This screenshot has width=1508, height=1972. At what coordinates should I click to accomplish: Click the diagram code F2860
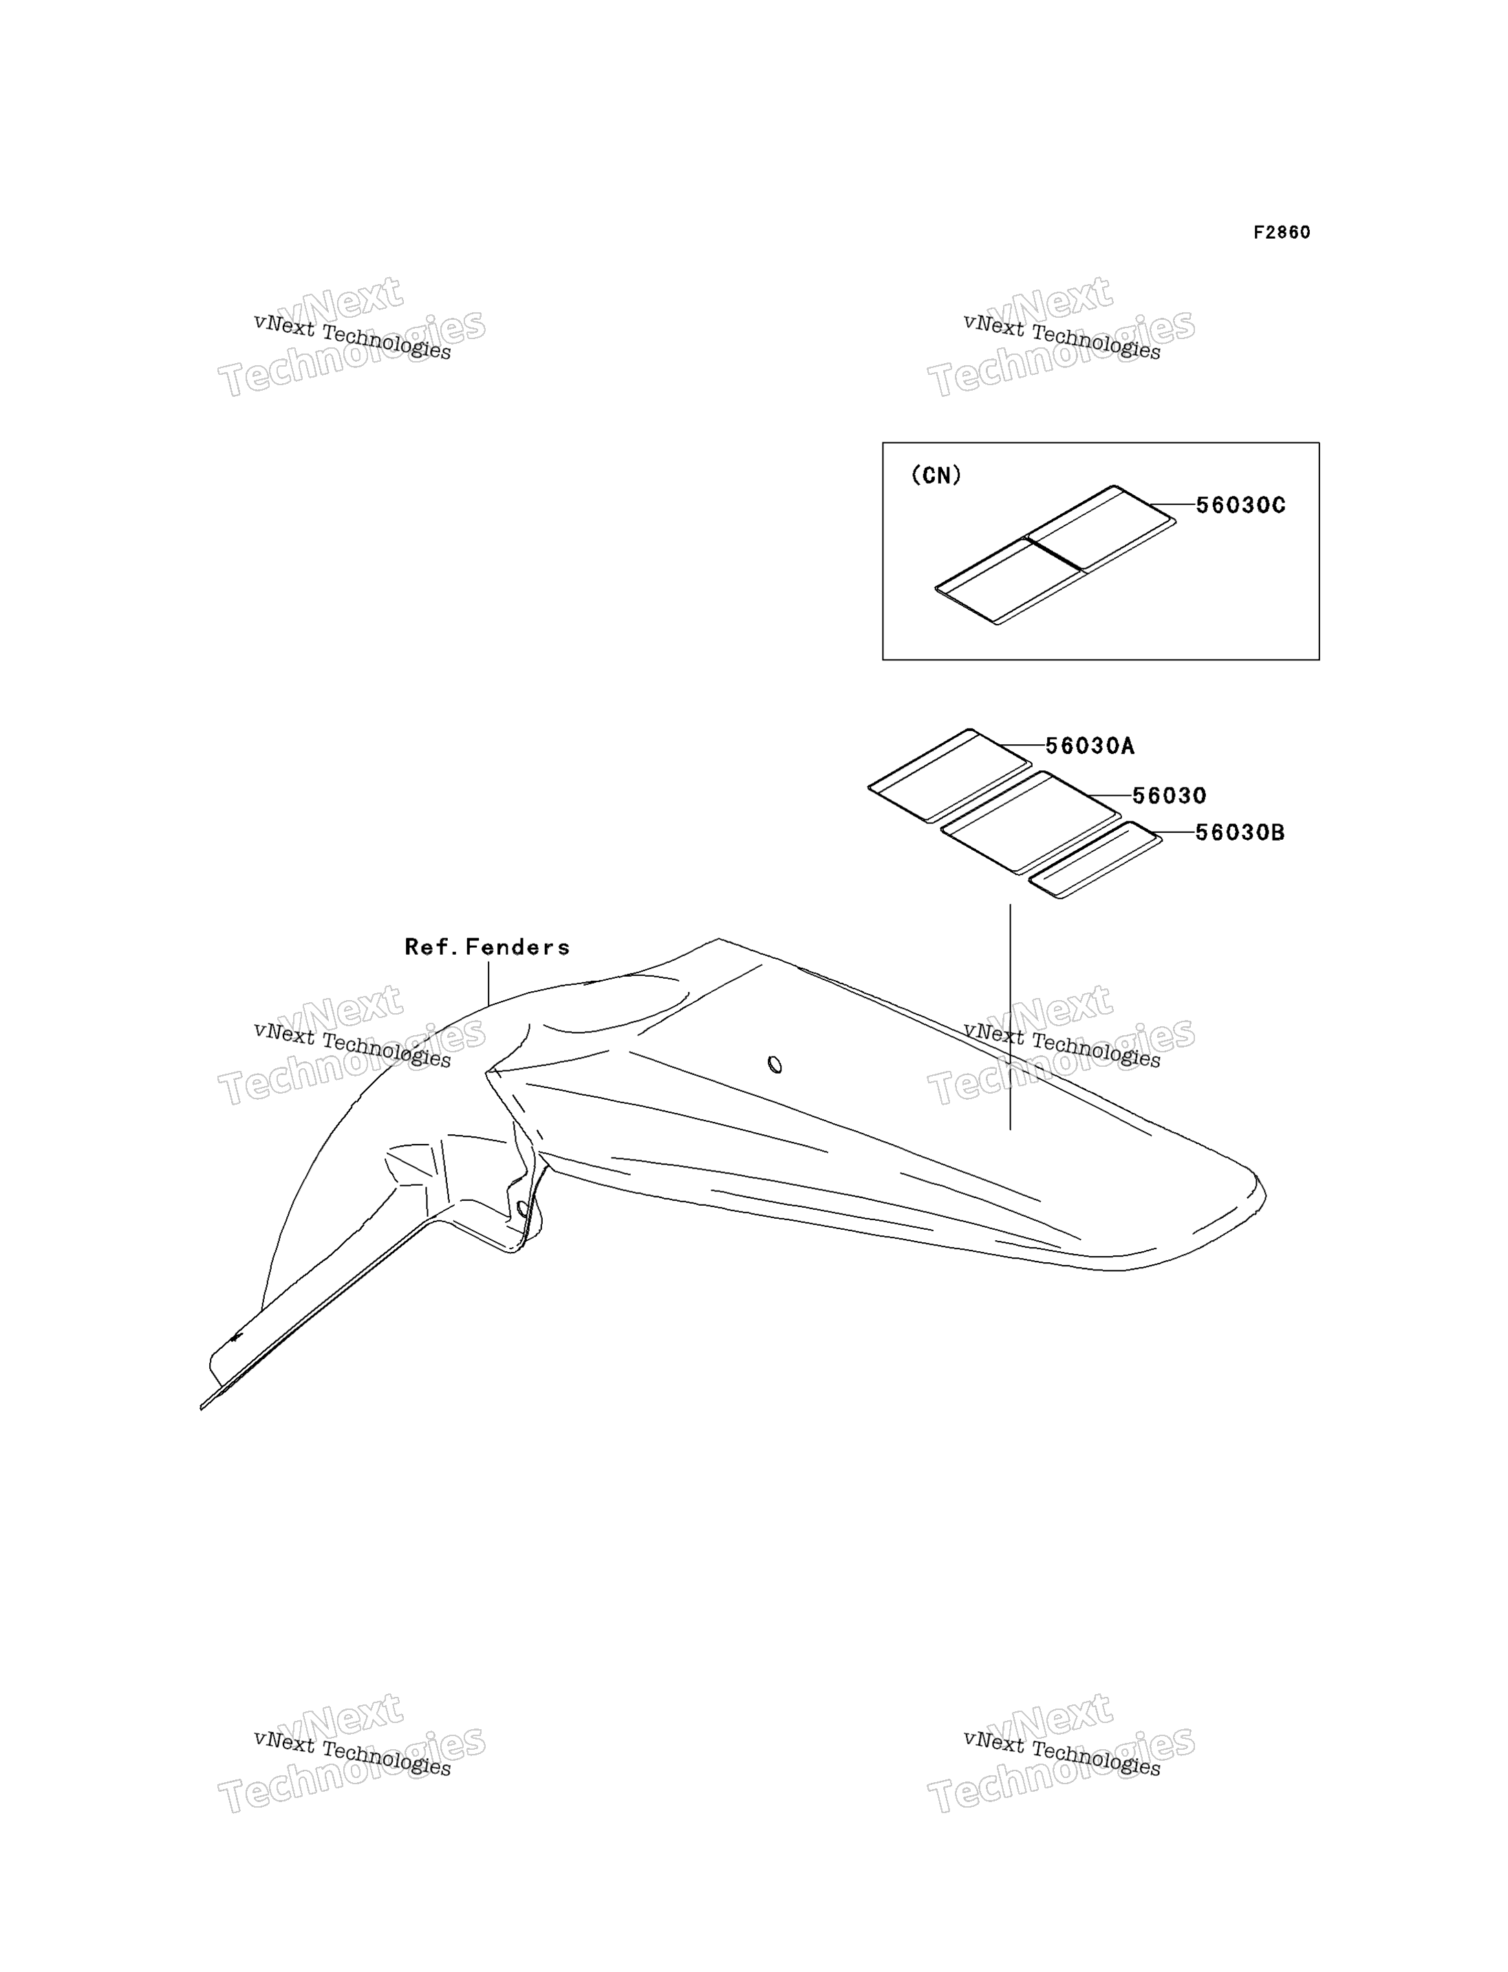[1282, 232]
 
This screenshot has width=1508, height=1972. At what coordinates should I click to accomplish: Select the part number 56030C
[1240, 506]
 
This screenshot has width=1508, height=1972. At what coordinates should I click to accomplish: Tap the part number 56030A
[1090, 746]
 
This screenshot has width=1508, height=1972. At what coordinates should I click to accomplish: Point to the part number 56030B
[1240, 833]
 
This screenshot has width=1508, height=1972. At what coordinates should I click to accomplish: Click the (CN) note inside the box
[936, 476]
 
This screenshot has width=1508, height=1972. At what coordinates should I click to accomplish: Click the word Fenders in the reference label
[518, 947]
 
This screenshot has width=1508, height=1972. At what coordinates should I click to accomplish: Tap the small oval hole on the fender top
[775, 1065]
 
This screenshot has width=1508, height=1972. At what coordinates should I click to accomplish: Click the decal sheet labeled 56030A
[949, 775]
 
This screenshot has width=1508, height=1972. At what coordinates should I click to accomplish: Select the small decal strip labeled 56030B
[1095, 860]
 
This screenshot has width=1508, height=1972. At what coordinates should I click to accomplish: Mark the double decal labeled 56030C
[1055, 554]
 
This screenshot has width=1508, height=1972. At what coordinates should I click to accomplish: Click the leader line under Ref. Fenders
[488, 984]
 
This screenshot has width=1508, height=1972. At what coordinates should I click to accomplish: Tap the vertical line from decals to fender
[1010, 1016]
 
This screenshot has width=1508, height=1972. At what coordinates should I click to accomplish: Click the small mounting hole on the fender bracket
[522, 1209]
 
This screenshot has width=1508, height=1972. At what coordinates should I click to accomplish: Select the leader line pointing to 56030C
[1172, 504]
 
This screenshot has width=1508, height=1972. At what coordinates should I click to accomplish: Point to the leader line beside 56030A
[1022, 745]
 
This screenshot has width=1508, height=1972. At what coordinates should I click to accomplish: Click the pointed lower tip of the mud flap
[201, 1408]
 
